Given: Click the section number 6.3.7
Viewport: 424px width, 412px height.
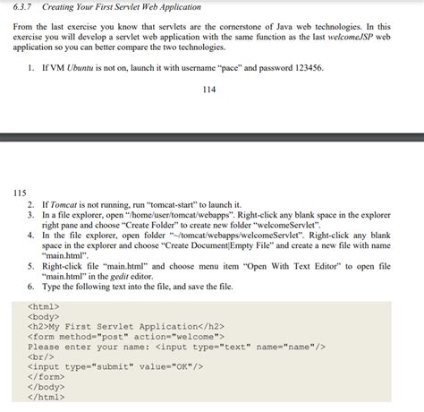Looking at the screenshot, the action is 21,6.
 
